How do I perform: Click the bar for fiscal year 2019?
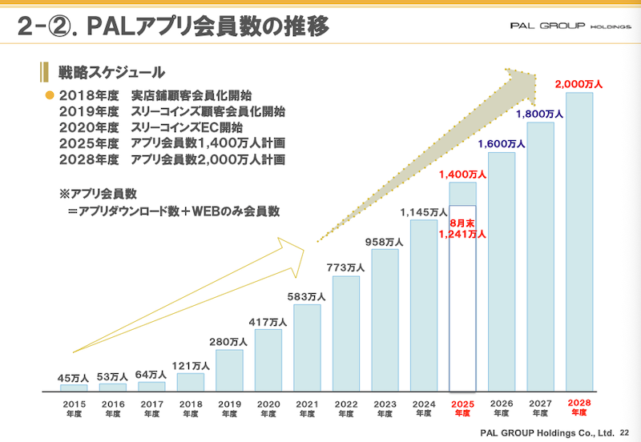pyautogui.click(x=229, y=370)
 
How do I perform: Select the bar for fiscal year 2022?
pyautogui.click(x=346, y=333)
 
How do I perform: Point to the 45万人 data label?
pyautogui.click(x=73, y=378)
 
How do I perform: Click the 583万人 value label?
pyautogui.click(x=307, y=297)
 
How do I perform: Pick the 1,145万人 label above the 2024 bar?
pyautogui.click(x=424, y=212)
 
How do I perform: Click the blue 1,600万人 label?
pyautogui.click(x=502, y=144)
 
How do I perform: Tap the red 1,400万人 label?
pyautogui.click(x=462, y=174)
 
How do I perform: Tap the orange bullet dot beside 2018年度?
pyautogui.click(x=48, y=95)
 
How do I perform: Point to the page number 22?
pyautogui.click(x=625, y=433)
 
